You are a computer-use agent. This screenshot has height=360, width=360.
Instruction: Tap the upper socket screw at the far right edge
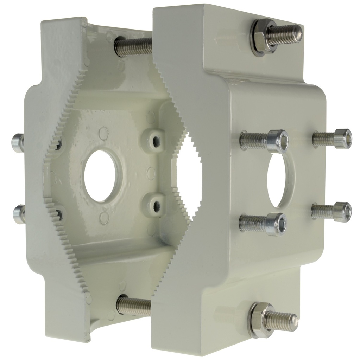point(342,138)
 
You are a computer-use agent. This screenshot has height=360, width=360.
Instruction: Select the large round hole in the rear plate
point(101,176)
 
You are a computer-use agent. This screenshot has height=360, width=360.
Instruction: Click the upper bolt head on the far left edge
point(18,143)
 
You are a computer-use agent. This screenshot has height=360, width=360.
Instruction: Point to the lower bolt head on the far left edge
point(19,213)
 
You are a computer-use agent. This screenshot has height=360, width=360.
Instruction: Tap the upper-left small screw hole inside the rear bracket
point(58,143)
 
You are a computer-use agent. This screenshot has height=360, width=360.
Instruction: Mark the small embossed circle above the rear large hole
point(103,133)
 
